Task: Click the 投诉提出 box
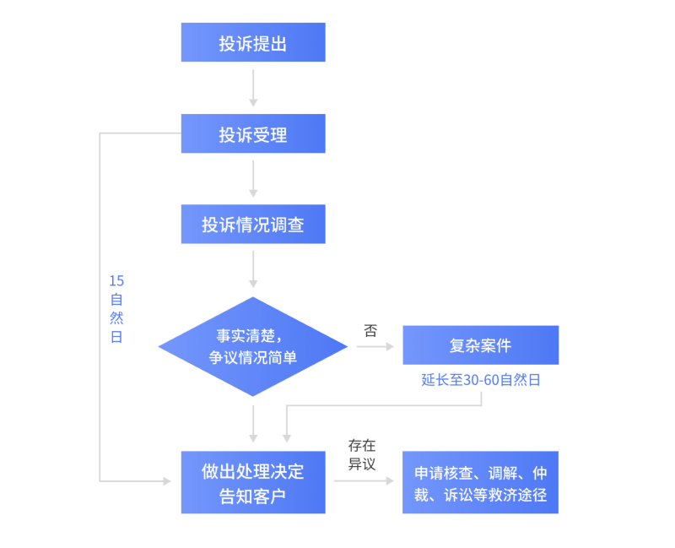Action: pyautogui.click(x=253, y=42)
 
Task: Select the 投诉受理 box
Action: pyautogui.click(x=253, y=133)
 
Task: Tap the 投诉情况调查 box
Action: pyautogui.click(x=253, y=225)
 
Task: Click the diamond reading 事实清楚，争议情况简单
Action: pyautogui.click(x=253, y=346)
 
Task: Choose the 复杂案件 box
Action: pyautogui.click(x=480, y=345)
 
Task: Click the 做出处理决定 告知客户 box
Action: pyautogui.click(x=253, y=482)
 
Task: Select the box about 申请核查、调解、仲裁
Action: pyautogui.click(x=480, y=482)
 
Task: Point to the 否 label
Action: pyautogui.click(x=370, y=330)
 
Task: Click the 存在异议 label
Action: pyautogui.click(x=362, y=454)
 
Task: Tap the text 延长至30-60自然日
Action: pyautogui.click(x=480, y=380)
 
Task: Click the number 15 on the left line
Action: pyautogui.click(x=116, y=280)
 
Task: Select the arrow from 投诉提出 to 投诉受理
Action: pyautogui.click(x=253, y=87)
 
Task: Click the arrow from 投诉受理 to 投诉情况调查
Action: pyautogui.click(x=253, y=178)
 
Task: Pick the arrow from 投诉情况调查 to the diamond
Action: pyautogui.click(x=253, y=270)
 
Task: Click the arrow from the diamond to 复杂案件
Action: pyautogui.click(x=375, y=346)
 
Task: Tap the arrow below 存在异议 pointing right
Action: pyautogui.click(x=364, y=481)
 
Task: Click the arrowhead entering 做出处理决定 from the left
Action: pyautogui.click(x=165, y=481)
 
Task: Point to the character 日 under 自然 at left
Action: pyautogui.click(x=116, y=337)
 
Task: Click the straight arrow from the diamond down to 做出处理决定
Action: pyautogui.click(x=253, y=423)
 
